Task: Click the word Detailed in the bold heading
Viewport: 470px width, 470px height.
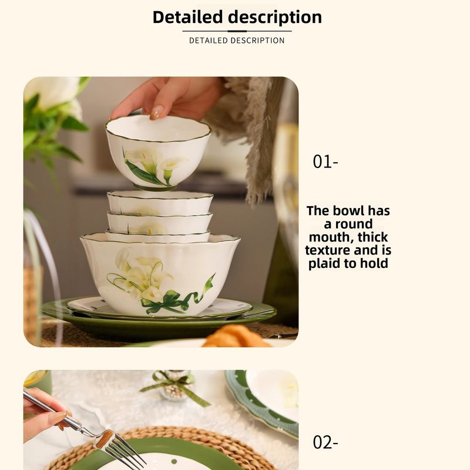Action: click(188, 17)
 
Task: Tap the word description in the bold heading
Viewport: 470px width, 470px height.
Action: click(275, 18)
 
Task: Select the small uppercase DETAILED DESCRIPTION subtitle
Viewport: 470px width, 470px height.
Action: click(237, 41)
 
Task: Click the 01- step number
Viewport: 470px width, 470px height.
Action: click(325, 162)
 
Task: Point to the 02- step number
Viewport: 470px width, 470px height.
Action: click(325, 442)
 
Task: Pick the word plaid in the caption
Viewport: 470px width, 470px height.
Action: click(325, 264)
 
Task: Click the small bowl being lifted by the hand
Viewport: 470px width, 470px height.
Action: click(158, 152)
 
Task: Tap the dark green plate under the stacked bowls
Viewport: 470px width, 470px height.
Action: click(159, 324)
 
